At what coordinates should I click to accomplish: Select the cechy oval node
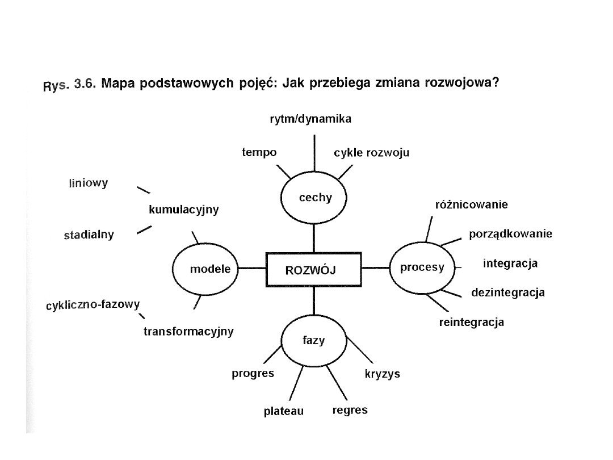click(314, 198)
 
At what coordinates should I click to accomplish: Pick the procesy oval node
click(422, 267)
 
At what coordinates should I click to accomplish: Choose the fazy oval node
click(313, 340)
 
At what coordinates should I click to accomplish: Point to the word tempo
click(259, 152)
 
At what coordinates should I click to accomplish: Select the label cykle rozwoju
click(372, 153)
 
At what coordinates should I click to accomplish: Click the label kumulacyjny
click(183, 210)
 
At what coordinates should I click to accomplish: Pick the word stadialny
click(89, 235)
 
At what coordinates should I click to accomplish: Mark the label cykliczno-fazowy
click(93, 306)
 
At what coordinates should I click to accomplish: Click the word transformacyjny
click(188, 331)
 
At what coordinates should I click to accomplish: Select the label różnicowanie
click(471, 204)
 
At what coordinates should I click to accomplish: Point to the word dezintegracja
click(508, 293)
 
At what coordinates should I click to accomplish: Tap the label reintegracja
click(472, 323)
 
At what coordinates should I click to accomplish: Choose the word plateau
click(284, 411)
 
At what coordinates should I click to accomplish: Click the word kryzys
click(382, 374)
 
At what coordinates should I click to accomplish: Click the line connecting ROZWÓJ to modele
click(252, 268)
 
